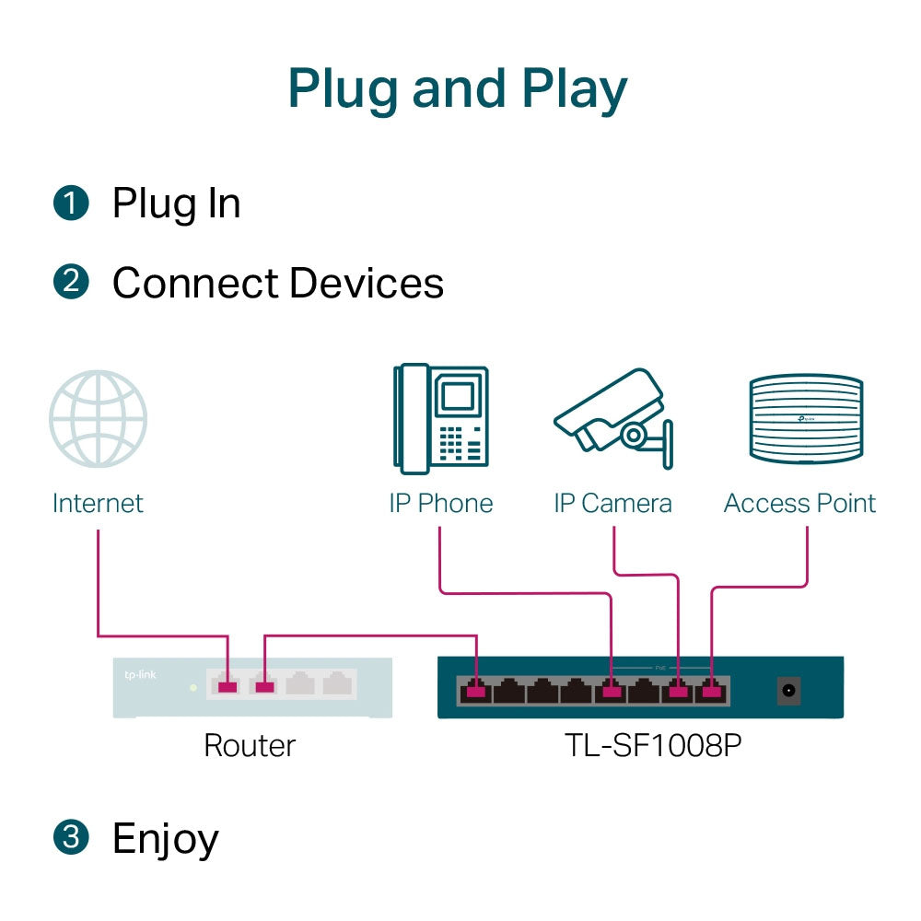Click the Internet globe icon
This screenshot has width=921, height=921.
pos(98,419)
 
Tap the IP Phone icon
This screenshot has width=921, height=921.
pos(440,419)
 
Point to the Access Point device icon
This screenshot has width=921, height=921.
pos(806,419)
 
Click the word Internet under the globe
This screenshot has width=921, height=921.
pos(98,503)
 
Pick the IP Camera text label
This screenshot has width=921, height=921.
pos(612,503)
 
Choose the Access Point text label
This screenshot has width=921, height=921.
pos(799,503)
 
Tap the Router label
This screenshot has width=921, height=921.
pos(250,745)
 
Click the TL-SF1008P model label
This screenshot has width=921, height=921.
pos(653,745)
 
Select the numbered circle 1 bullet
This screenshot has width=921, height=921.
pos(71,204)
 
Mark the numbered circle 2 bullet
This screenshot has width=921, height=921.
pos(71,283)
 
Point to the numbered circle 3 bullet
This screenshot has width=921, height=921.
pos(71,838)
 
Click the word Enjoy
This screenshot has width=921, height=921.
pos(166,839)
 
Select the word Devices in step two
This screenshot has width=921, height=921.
pos(367,283)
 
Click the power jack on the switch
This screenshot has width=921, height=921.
pos(788,690)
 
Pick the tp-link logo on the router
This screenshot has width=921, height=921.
pos(139,676)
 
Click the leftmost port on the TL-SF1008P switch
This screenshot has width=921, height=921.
pos(475,689)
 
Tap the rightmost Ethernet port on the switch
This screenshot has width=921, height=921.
pos(711,689)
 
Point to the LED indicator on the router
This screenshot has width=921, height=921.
pos(192,687)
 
